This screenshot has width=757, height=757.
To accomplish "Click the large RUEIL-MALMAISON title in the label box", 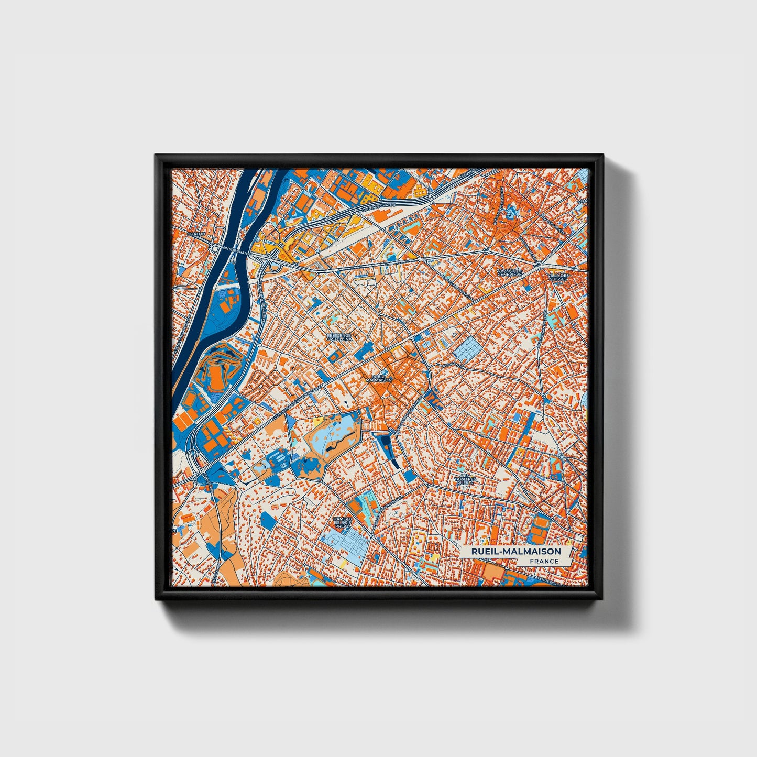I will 515,551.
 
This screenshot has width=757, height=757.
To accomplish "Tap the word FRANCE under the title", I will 543,561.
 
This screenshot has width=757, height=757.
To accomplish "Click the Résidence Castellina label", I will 339,337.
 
